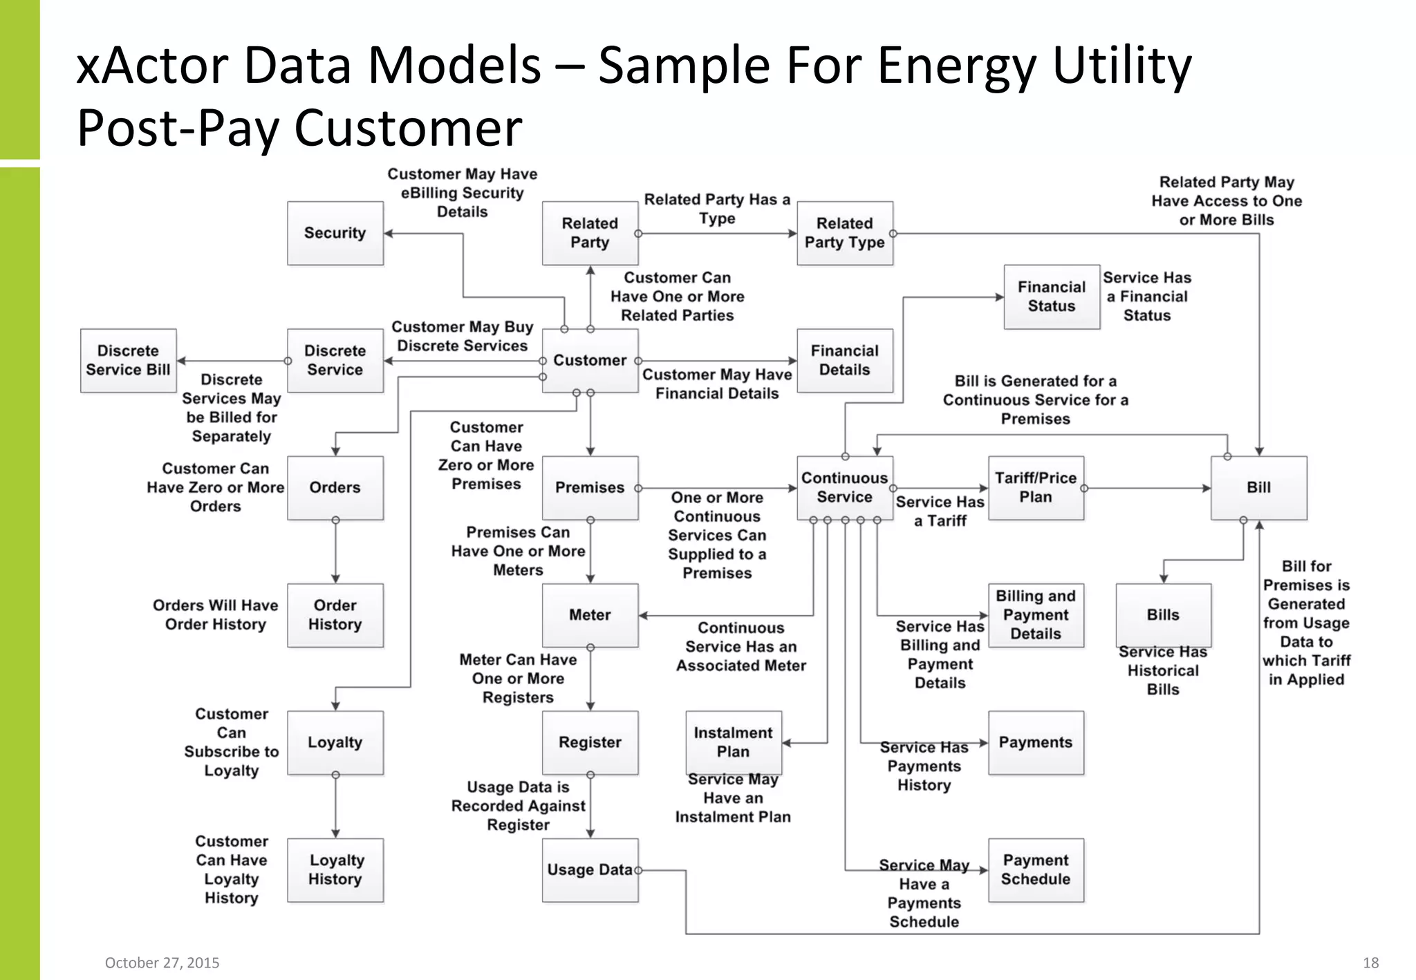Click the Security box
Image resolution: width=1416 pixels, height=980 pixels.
(335, 233)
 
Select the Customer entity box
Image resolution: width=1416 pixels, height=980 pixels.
(589, 360)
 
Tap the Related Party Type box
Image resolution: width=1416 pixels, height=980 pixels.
(844, 233)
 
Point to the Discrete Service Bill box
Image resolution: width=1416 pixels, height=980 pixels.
(128, 360)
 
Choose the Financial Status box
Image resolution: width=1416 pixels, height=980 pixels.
(1051, 296)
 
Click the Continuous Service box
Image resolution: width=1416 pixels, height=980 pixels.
(844, 487)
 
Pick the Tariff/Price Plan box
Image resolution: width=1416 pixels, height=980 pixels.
(1035, 487)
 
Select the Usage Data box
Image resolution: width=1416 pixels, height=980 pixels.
(589, 869)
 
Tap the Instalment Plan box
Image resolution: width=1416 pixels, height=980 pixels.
(733, 742)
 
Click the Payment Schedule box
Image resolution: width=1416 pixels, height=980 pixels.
(1035, 869)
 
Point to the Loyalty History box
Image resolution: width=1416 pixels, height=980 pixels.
(335, 869)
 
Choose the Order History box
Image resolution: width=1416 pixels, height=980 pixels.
(335, 615)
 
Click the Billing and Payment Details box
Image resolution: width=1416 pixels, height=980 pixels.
(1035, 615)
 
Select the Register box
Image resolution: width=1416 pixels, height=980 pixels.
(589, 742)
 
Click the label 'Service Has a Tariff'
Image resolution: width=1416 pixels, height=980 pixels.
(940, 511)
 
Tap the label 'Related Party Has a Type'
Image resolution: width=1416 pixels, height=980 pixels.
(717, 209)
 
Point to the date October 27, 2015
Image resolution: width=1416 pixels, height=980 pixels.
(162, 963)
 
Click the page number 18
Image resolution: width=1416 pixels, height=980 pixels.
(1370, 963)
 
